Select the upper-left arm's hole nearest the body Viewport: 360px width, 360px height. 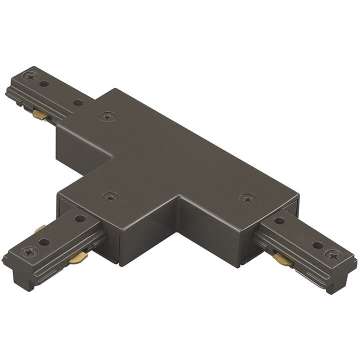click(77, 103)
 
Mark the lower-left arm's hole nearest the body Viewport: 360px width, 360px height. click(79, 218)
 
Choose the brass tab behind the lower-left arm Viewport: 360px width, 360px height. click(39, 229)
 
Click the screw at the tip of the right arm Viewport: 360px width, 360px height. click(331, 254)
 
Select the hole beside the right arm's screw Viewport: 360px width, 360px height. click(316, 245)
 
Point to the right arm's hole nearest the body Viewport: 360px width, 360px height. click(279, 220)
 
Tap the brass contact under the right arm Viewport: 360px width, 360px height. click(282, 258)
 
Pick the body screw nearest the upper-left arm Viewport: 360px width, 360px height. click(105, 116)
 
